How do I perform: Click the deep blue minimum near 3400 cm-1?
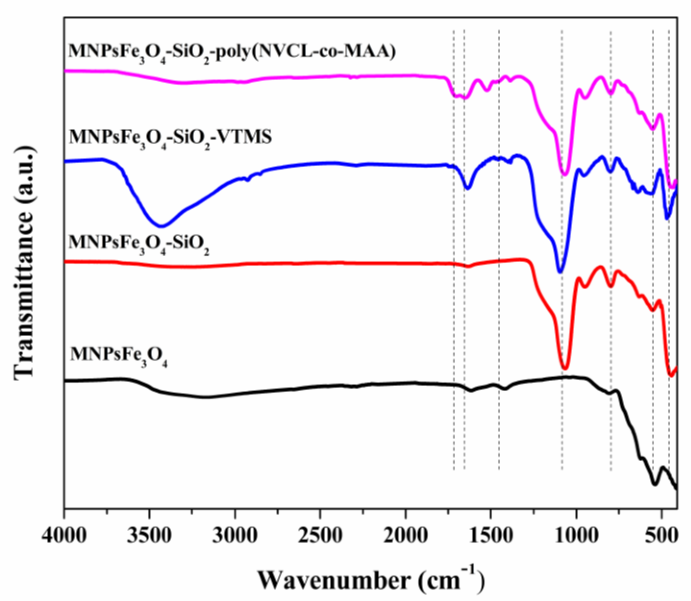coord(161,226)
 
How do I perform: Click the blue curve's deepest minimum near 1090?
coord(559,272)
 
